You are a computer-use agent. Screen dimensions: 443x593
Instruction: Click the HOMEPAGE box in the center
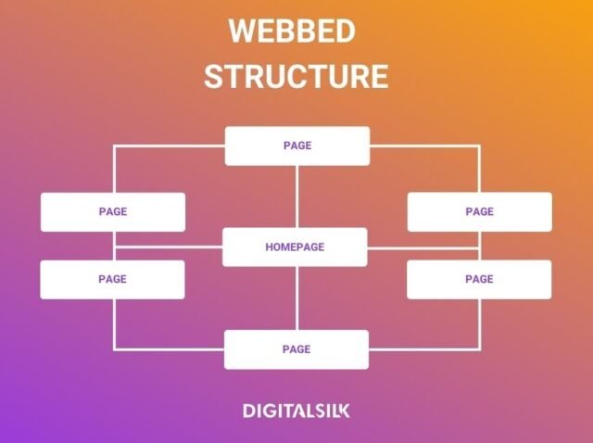click(x=296, y=247)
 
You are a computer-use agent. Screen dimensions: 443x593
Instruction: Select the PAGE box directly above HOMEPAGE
click(x=296, y=146)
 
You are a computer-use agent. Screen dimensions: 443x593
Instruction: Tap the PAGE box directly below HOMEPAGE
click(x=296, y=349)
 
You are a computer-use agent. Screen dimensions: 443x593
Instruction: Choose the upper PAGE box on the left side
click(x=112, y=211)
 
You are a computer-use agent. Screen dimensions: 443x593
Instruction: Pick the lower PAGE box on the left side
click(x=112, y=279)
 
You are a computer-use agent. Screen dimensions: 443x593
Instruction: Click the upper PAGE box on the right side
click(x=479, y=211)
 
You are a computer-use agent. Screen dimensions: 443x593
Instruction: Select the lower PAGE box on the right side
click(x=479, y=279)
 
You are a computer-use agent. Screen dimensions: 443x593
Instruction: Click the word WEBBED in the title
click(x=292, y=31)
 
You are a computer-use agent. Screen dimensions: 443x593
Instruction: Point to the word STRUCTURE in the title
click(x=296, y=76)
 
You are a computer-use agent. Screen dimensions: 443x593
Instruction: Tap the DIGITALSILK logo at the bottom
click(x=296, y=410)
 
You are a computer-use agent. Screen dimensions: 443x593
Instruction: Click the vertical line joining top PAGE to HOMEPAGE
click(x=296, y=196)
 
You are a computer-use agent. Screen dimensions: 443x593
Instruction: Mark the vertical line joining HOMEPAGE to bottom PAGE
click(x=296, y=298)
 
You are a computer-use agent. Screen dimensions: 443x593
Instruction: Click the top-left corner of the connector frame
click(x=114, y=146)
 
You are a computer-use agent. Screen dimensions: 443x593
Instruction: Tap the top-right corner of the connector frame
click(x=479, y=146)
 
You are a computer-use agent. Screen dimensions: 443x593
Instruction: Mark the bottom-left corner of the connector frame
click(x=114, y=349)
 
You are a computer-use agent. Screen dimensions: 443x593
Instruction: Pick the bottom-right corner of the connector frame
click(x=479, y=349)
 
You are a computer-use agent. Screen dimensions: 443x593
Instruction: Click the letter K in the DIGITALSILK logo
click(x=344, y=410)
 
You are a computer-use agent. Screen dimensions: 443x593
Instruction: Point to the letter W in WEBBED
click(x=242, y=31)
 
